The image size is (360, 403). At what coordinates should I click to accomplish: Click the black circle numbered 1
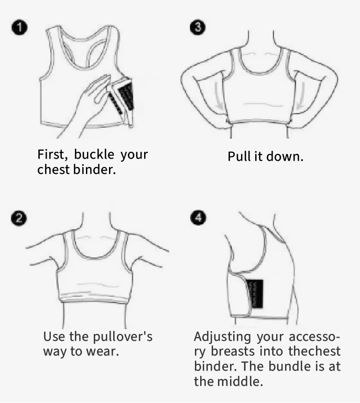19,28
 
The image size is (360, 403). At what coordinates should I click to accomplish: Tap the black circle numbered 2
19,218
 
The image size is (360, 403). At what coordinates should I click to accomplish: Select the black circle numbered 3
198,27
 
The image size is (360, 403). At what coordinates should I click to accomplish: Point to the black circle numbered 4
198,218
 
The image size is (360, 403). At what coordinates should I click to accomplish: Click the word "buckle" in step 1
94,154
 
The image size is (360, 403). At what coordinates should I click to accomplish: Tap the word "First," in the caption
52,154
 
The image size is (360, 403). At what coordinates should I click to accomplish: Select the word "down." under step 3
285,156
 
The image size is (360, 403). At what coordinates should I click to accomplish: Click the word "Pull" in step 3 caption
239,156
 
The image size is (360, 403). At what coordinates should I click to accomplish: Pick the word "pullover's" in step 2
123,337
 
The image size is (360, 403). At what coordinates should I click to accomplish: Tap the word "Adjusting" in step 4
222,337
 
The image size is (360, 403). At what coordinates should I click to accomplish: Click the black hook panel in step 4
256,294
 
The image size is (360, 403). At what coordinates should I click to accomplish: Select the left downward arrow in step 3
218,96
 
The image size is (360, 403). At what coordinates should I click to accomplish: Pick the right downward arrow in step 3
300,96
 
